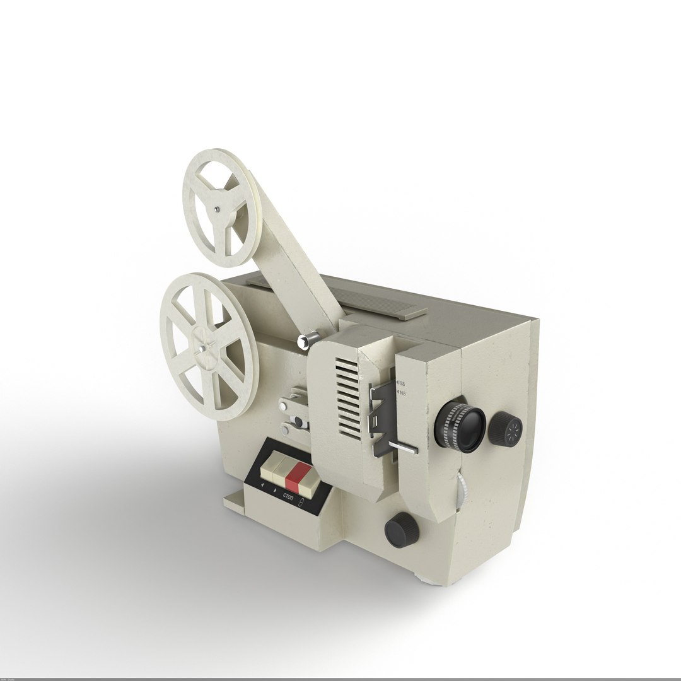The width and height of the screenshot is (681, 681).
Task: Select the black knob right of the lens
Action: [x=506, y=429]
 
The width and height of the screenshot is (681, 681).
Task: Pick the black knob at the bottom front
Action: [x=402, y=529]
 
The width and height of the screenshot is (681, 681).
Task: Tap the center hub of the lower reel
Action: [x=202, y=346]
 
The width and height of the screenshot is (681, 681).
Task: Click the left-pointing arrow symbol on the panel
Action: [x=262, y=484]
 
